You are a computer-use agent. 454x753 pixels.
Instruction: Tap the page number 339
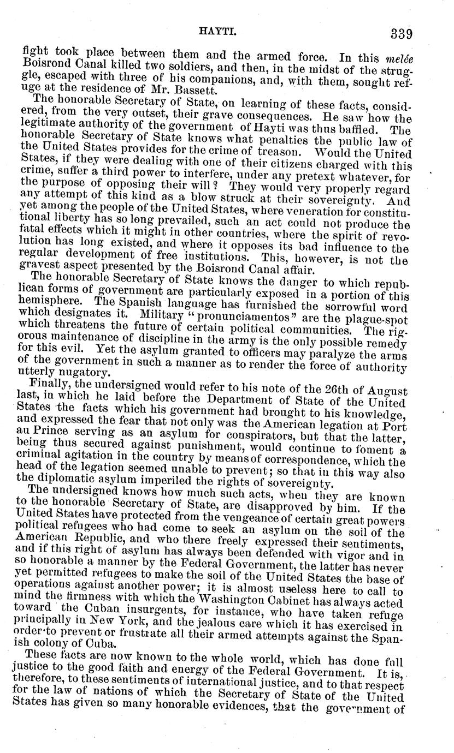(400, 33)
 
